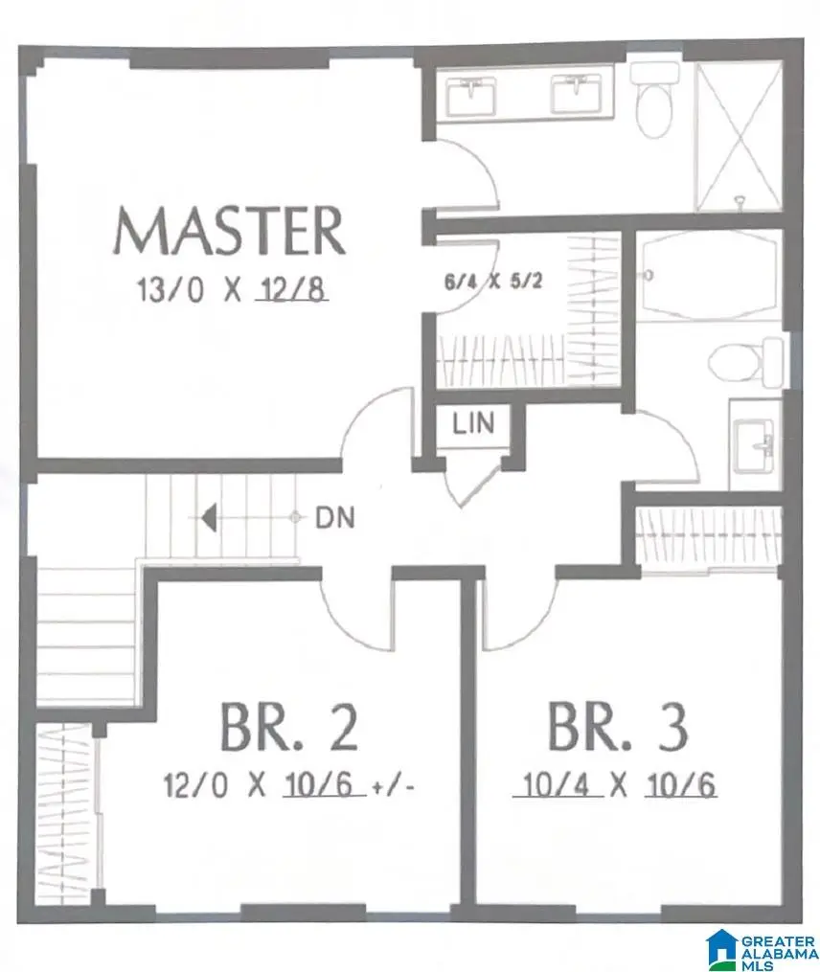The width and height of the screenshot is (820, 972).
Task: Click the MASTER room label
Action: click(x=229, y=231)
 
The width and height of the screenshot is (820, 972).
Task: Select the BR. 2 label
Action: click(x=289, y=727)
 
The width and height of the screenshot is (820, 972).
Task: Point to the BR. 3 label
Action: click(x=617, y=727)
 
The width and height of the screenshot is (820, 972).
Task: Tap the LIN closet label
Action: click(x=474, y=423)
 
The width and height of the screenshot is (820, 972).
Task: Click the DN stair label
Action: click(x=334, y=519)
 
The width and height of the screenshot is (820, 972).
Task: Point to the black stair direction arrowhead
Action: click(x=208, y=518)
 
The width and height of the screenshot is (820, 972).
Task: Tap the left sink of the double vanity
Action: click(x=474, y=93)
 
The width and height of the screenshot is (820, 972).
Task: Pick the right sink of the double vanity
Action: click(x=577, y=93)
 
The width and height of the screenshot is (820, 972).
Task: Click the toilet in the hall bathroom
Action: click(x=747, y=361)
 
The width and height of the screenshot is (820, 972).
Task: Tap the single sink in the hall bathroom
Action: click(x=756, y=444)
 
